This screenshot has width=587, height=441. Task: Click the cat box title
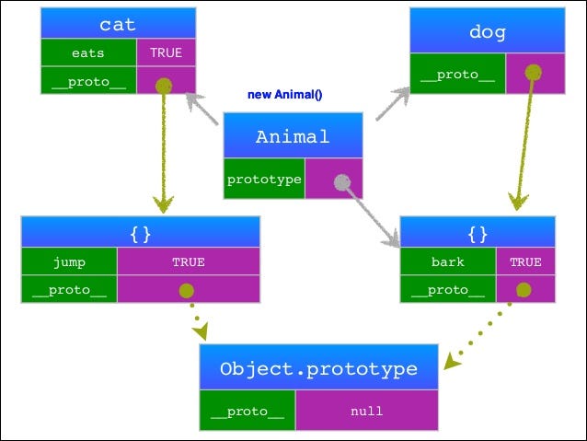[118, 25]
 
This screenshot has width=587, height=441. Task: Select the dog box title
[488, 32]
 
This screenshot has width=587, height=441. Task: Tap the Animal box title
[293, 137]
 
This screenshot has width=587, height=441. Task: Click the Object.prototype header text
[318, 369]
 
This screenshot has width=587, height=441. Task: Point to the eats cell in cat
[88, 52]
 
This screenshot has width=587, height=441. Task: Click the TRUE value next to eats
[167, 52]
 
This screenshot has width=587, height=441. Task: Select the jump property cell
[69, 261]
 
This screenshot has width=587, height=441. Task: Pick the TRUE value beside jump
[189, 261]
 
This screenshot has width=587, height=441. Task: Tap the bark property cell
[448, 261]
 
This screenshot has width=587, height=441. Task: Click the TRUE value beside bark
[525, 261]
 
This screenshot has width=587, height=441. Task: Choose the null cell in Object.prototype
[367, 411]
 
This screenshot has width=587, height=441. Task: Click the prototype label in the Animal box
[264, 180]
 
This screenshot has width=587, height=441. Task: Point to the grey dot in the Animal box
[342, 182]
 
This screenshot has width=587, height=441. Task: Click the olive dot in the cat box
[164, 86]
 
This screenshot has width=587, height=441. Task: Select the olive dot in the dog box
[533, 73]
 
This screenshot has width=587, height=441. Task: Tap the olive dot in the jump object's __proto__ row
[187, 290]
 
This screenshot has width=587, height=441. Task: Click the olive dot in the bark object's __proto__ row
[524, 290]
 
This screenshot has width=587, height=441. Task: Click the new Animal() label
[285, 95]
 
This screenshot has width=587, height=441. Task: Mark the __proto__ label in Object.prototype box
[247, 412]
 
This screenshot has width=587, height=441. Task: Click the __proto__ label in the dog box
[457, 75]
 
